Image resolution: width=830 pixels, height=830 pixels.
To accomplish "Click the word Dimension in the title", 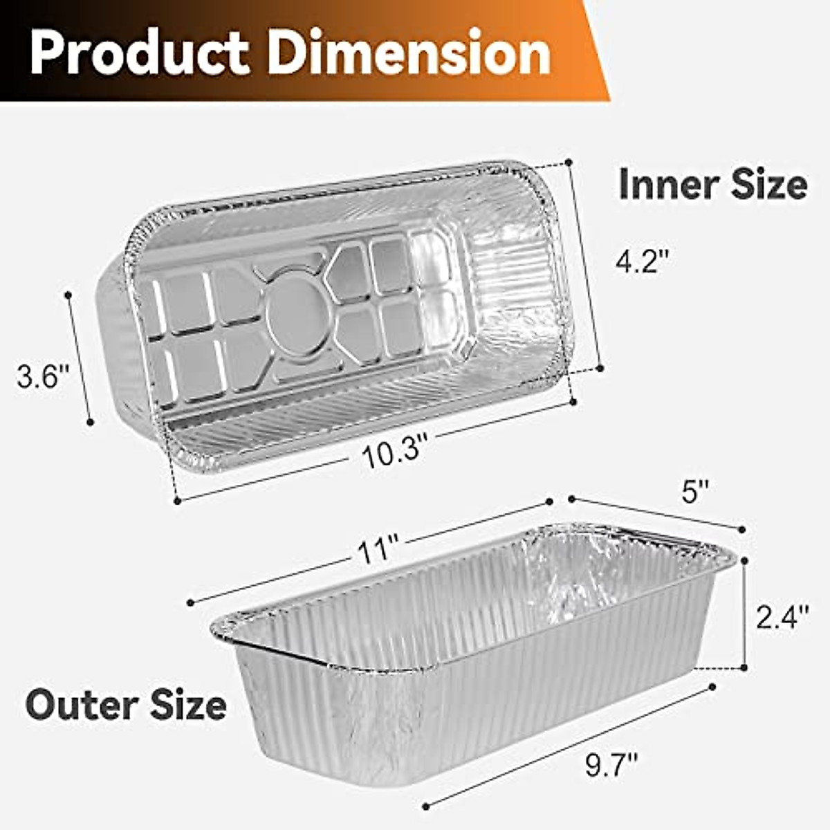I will pyautogui.click(x=409, y=53).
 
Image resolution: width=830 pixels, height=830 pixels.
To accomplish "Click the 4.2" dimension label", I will pyautogui.click(x=643, y=261).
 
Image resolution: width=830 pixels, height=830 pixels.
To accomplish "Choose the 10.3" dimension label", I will pyautogui.click(x=391, y=454).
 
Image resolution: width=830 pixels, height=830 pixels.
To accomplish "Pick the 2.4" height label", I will pyautogui.click(x=782, y=616).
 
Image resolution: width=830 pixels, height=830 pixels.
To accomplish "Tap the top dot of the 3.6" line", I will pyautogui.click(x=68, y=295).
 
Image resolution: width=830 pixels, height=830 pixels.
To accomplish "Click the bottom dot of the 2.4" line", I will pyautogui.click(x=744, y=668).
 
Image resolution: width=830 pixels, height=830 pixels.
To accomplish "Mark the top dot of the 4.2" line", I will pyautogui.click(x=569, y=162).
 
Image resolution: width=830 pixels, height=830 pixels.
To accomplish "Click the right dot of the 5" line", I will pyautogui.click(x=742, y=530).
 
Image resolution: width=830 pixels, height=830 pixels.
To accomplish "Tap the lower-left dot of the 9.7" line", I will pyautogui.click(x=425, y=806).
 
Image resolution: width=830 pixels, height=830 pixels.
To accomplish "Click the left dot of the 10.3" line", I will pyautogui.click(x=177, y=499).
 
